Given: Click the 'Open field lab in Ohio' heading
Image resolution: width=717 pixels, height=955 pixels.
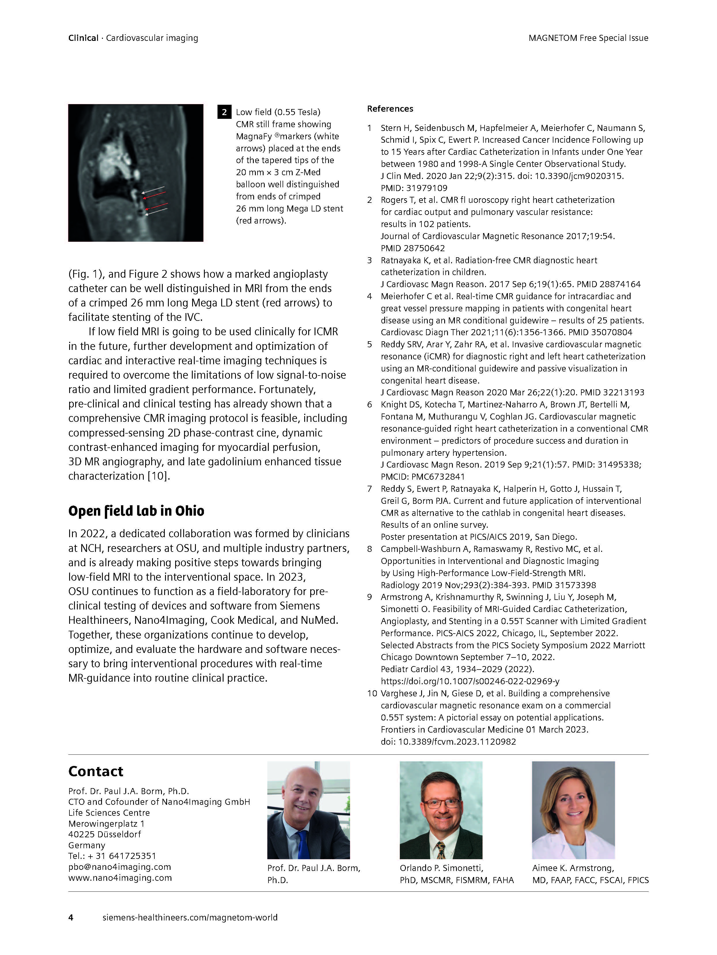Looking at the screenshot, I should [x=136, y=511].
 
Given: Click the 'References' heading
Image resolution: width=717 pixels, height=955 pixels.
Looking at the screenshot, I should [x=390, y=109].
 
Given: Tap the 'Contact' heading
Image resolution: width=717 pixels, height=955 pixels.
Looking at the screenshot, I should [x=96, y=771].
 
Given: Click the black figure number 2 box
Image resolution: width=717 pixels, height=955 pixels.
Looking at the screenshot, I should [x=224, y=112].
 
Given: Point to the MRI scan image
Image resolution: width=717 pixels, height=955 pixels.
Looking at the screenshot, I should [x=136, y=173].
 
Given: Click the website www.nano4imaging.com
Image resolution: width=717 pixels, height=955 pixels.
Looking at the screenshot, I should [x=120, y=878].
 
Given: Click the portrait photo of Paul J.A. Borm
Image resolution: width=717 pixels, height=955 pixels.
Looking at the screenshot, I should [x=309, y=810].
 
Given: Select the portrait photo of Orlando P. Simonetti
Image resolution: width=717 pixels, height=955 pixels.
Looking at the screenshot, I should [x=441, y=810].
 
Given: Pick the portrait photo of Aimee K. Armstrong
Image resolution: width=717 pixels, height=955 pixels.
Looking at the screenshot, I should [x=573, y=810].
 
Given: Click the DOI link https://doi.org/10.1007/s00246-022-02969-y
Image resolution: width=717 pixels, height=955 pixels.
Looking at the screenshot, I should [x=470, y=681].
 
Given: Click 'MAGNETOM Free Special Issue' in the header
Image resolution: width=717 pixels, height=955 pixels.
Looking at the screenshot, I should [x=588, y=38].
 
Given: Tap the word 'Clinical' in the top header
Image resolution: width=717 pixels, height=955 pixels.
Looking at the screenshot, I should [x=83, y=38].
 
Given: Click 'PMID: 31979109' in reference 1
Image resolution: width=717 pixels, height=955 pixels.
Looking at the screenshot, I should [x=414, y=188].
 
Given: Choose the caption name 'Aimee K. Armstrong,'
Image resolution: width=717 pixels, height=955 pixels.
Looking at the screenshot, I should [x=573, y=868].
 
